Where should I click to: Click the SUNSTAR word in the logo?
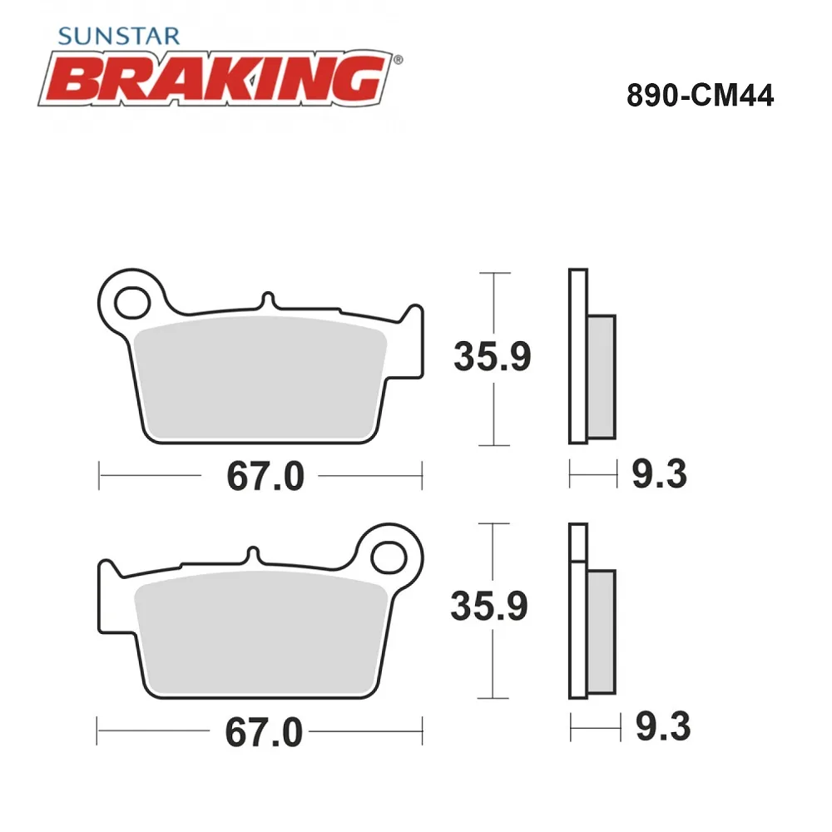119,36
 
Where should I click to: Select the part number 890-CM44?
700,96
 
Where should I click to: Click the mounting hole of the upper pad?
132,303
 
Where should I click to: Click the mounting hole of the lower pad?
389,557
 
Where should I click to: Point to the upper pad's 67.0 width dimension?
265,476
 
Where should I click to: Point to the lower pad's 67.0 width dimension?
264,732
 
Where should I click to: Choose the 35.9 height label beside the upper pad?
493,356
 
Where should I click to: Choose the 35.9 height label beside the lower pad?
489,606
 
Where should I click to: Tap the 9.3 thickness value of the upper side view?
660,474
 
